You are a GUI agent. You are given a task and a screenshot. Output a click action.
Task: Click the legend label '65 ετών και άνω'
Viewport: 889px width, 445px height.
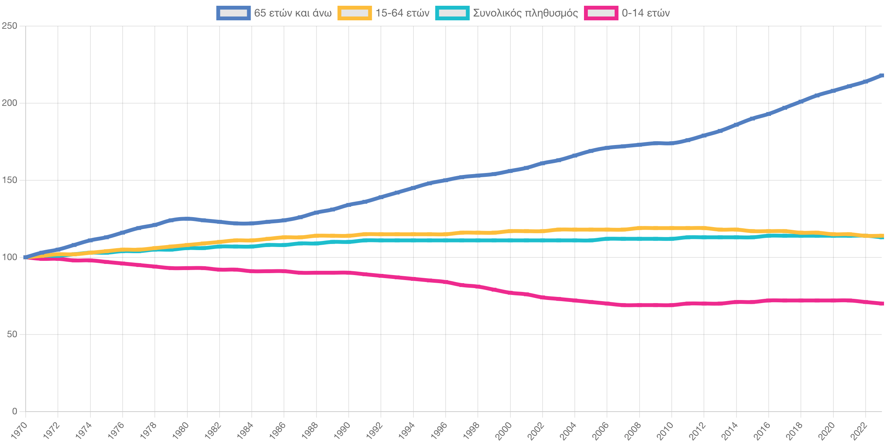click(x=293, y=13)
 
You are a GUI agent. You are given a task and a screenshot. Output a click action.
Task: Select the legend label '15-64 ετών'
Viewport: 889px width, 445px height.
click(x=402, y=13)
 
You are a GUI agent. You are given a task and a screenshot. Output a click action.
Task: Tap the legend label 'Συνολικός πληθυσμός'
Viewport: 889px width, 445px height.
click(x=525, y=13)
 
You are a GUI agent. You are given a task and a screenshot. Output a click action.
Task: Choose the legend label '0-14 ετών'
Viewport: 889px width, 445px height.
click(x=646, y=13)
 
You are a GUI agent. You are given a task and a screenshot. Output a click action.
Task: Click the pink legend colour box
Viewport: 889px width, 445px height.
click(x=601, y=13)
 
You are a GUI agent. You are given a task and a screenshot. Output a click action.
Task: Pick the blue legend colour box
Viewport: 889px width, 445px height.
click(x=233, y=13)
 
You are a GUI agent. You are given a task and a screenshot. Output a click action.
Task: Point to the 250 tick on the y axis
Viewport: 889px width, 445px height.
click(x=10, y=26)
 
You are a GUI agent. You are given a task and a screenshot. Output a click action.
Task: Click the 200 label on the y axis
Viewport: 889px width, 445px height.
click(x=10, y=103)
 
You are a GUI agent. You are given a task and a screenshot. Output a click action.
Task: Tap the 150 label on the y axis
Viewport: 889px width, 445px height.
click(x=10, y=180)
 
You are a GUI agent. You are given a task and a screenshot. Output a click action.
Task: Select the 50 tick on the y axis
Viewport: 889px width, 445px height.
click(x=12, y=334)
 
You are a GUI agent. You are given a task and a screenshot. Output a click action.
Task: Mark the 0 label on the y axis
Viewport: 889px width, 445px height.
click(x=15, y=411)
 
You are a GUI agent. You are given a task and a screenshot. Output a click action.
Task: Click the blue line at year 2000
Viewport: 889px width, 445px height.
click(x=510, y=171)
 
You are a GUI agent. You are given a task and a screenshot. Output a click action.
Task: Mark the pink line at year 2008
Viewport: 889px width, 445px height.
click(x=640, y=305)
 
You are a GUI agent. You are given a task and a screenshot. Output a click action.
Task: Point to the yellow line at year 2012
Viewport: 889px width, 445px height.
click(x=704, y=228)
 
